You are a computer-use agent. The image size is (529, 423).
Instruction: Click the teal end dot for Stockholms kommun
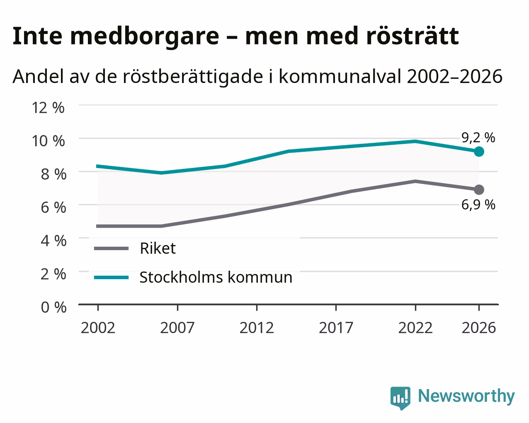[x=478, y=151]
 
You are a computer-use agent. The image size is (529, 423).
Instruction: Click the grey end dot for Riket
[x=478, y=190]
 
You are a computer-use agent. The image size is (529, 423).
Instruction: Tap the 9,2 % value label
[x=478, y=138]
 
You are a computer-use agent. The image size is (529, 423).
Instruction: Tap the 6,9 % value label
[x=478, y=204]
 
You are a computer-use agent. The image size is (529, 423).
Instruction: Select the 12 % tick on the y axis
[x=48, y=108]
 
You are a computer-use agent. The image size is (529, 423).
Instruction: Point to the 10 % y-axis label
[x=48, y=141]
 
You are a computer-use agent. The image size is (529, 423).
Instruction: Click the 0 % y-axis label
[x=53, y=307]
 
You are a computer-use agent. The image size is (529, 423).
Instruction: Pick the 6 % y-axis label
[x=53, y=207]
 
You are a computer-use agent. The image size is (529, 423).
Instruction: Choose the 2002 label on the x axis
[x=98, y=328]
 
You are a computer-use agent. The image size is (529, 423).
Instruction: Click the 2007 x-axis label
[x=177, y=328]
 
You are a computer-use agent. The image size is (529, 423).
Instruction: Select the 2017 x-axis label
[x=336, y=328]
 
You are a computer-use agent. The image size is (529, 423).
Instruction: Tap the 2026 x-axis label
[x=479, y=328]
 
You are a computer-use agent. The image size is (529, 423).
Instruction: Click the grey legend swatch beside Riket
[x=112, y=248]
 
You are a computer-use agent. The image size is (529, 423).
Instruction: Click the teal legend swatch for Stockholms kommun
[x=112, y=277]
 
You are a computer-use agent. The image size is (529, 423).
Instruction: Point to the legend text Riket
[x=158, y=248]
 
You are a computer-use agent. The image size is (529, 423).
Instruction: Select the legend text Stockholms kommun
[x=216, y=277]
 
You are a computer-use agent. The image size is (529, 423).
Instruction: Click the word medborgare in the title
[x=145, y=36]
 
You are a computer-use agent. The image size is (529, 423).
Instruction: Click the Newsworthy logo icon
[x=400, y=396]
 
